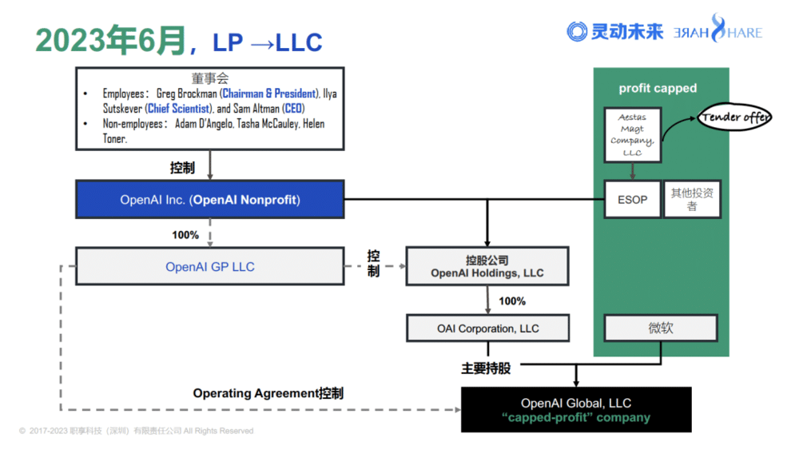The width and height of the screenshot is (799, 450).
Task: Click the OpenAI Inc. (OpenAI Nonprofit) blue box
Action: [x=210, y=200]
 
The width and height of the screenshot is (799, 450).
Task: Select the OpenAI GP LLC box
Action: [x=210, y=267]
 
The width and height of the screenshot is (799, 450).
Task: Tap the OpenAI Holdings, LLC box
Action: [x=487, y=267]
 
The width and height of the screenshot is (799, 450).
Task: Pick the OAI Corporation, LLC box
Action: [x=487, y=328]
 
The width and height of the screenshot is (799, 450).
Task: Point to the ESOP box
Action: [x=632, y=199]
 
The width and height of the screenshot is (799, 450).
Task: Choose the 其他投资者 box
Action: [x=692, y=199]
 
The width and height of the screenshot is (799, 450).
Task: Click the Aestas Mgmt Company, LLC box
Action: [x=632, y=134]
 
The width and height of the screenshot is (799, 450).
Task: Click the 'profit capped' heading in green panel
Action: [x=658, y=88]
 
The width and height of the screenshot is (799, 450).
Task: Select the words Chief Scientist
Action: [x=178, y=109]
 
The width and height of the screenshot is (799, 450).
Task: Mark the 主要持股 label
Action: [x=485, y=368]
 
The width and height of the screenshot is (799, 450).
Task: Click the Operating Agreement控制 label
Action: [x=268, y=393]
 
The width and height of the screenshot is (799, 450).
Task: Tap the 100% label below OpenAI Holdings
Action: [x=512, y=301]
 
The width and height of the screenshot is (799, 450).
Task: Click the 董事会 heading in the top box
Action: [x=209, y=78]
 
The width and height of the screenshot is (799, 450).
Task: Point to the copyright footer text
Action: [x=136, y=431]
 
